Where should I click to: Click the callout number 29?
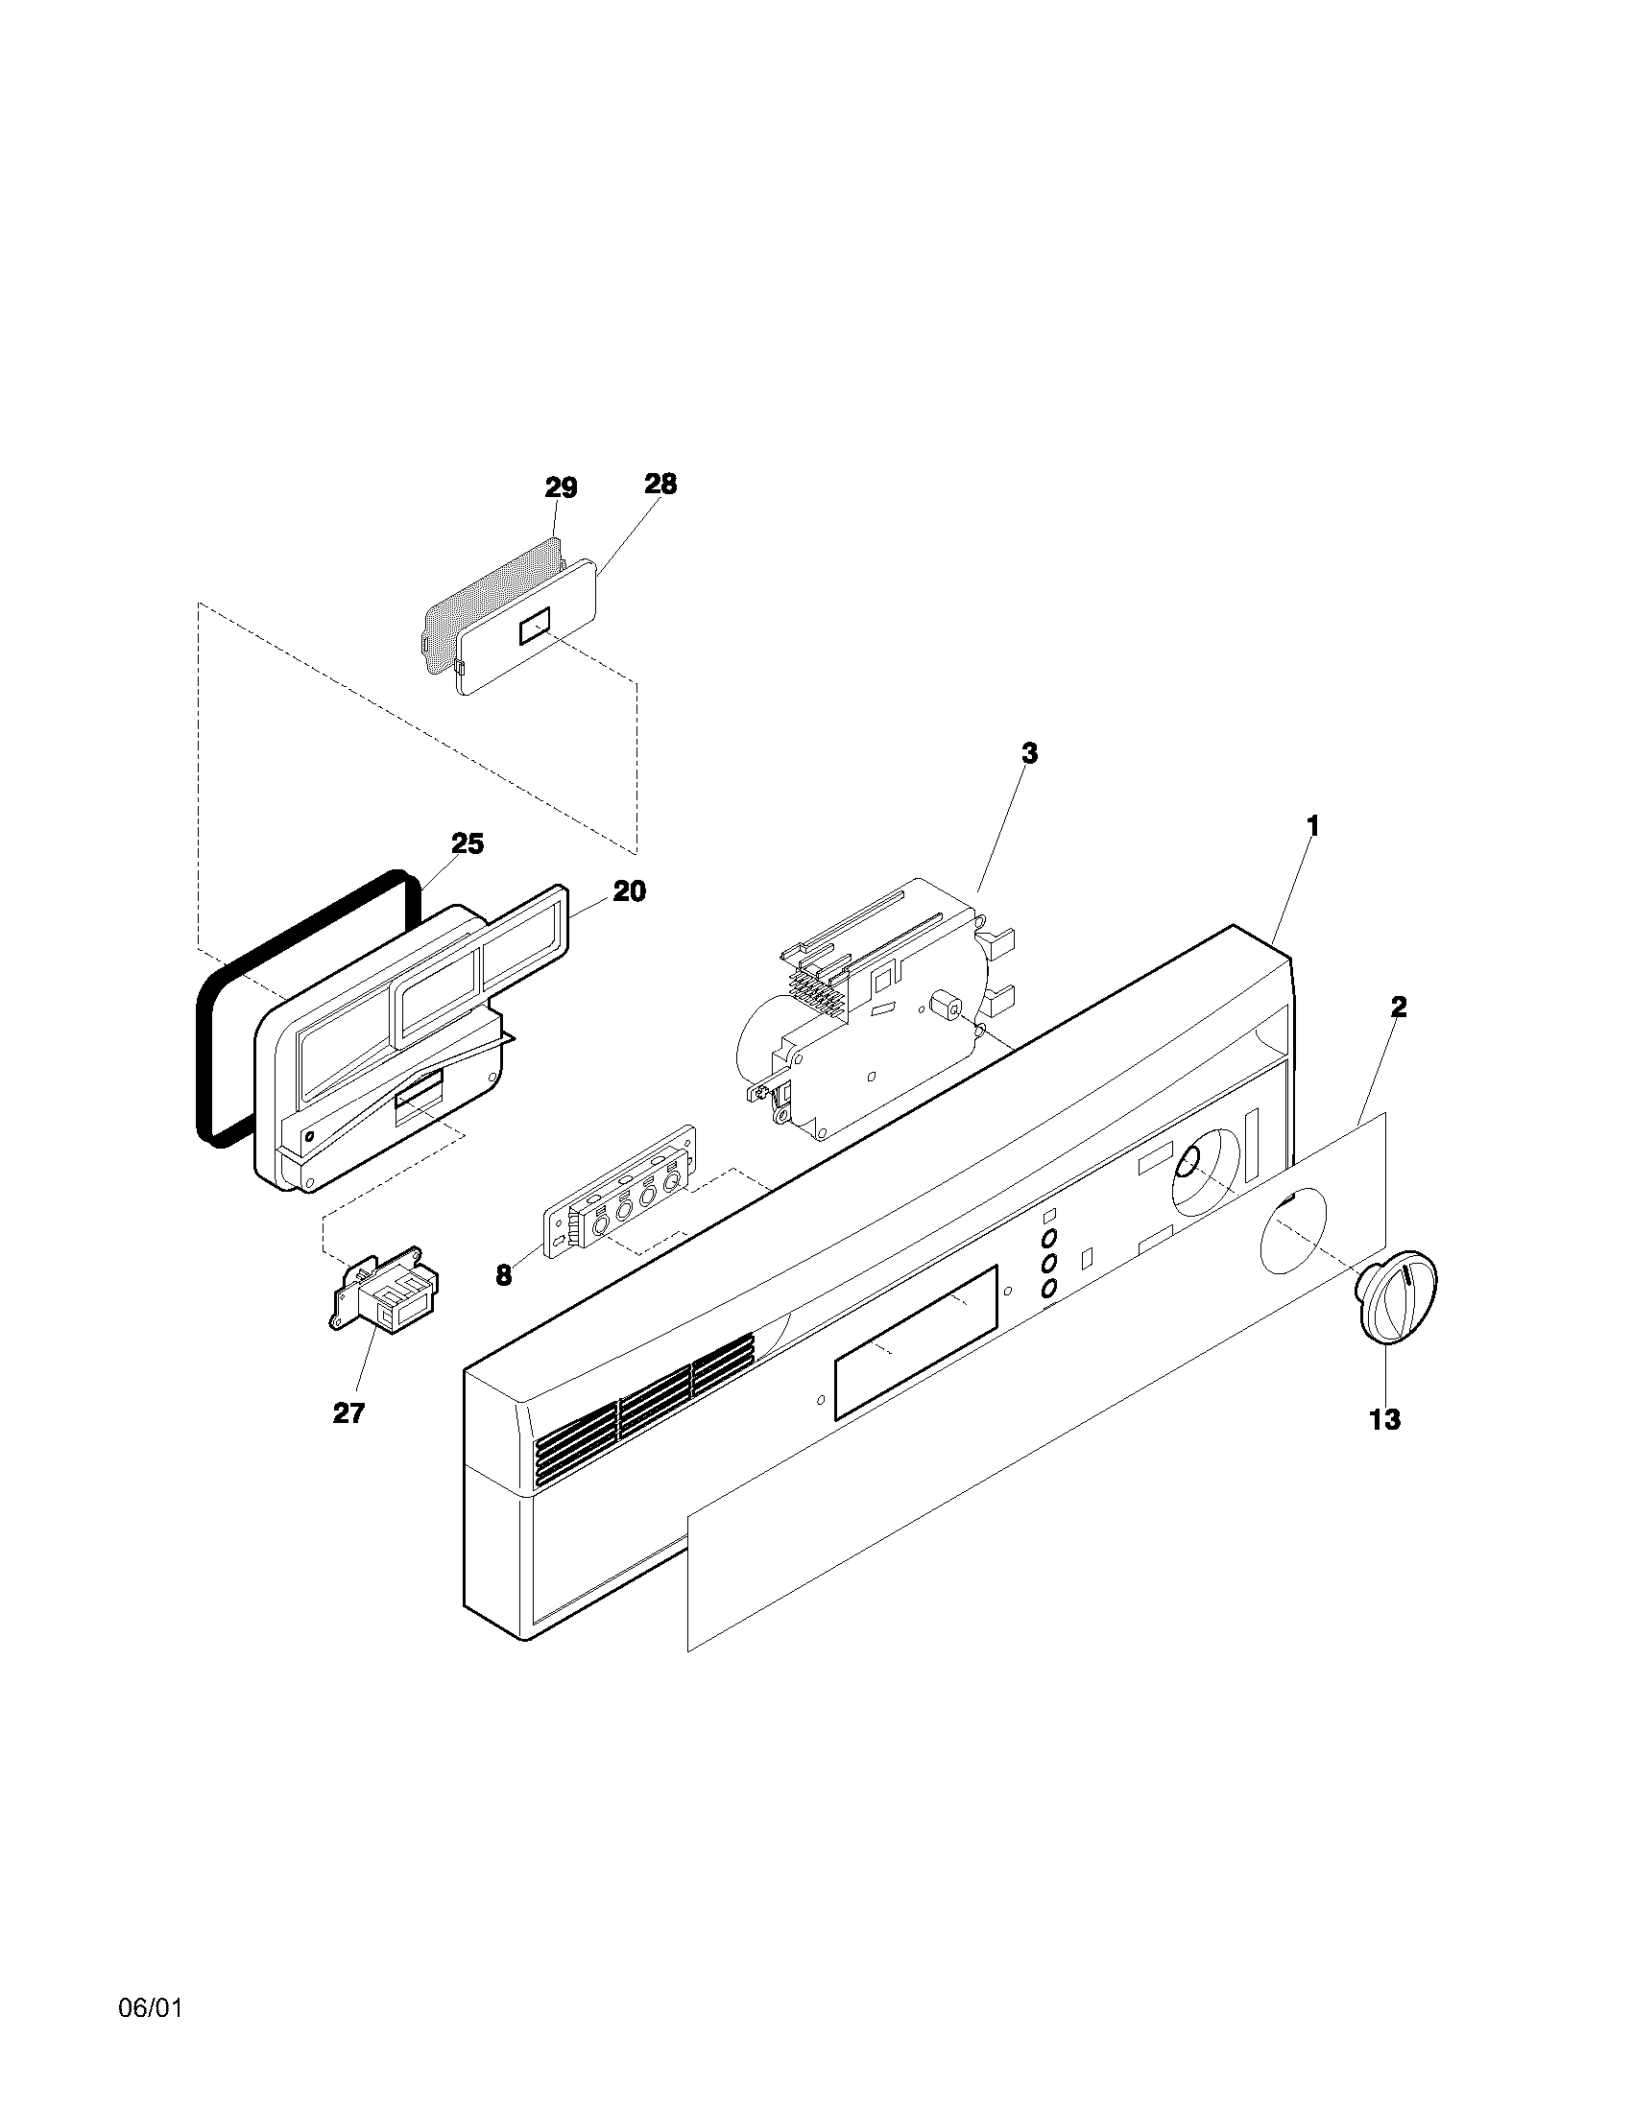(561, 488)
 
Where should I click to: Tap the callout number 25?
(467, 843)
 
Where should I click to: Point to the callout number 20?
(629, 890)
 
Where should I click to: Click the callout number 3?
(1030, 753)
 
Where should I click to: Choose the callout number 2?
(1398, 1008)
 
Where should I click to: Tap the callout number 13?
(1384, 1419)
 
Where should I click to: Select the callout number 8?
(504, 1275)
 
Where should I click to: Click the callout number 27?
(349, 1413)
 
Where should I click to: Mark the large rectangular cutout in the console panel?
(916, 1342)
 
